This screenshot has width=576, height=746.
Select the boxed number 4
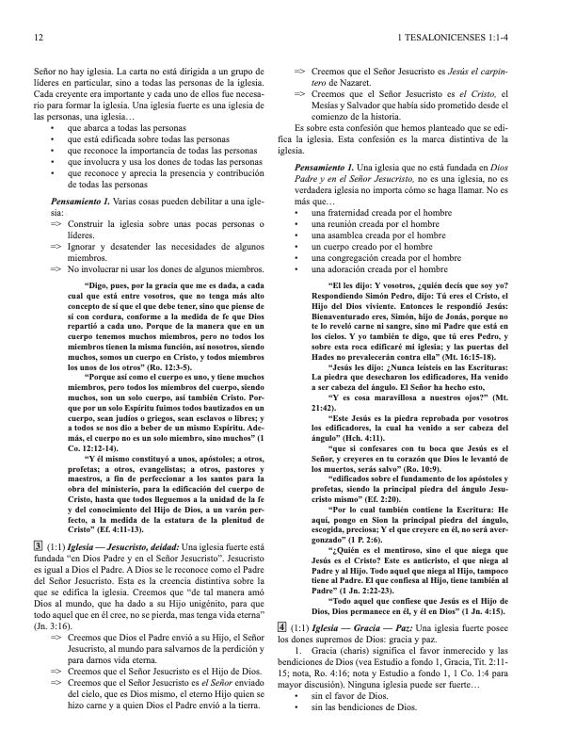[x=283, y=653]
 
